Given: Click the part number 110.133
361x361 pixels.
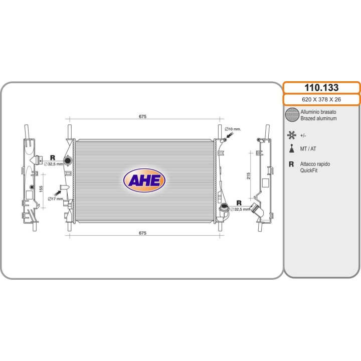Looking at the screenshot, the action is point(321,87).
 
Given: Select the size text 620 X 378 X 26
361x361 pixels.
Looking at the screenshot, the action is point(321,99).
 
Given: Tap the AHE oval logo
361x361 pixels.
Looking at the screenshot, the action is point(144,180).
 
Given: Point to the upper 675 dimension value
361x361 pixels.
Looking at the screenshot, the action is point(142,116).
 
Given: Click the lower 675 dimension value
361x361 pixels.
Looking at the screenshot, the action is point(142,233).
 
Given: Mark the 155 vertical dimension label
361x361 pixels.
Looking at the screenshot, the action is point(41,189).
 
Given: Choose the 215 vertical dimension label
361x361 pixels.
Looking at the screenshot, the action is point(248,176).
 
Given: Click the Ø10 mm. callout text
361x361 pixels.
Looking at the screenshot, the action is point(233,129).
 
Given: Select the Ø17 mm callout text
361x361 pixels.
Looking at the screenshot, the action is point(55,199).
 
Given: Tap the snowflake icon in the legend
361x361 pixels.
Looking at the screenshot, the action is point(291,135).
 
